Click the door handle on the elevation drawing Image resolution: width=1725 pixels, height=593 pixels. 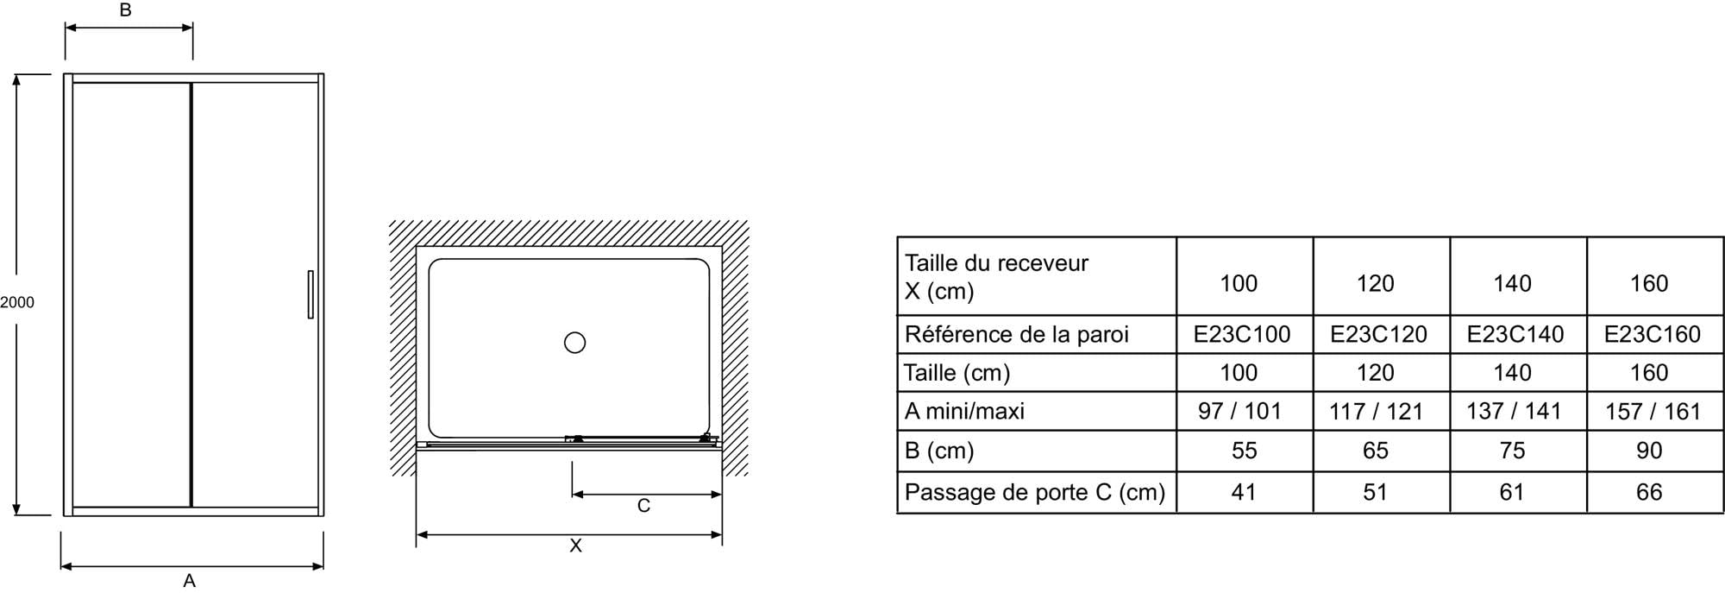310,294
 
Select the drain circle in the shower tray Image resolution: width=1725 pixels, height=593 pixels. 574,343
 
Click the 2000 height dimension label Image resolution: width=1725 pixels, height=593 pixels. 17,302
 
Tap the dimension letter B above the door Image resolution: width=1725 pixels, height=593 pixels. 125,10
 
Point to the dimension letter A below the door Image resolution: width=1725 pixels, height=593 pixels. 190,581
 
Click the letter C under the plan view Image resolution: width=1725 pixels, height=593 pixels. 643,506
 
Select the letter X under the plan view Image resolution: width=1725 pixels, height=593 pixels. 575,546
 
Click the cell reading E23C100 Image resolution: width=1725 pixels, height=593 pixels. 1242,334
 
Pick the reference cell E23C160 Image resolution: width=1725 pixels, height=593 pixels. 1652,334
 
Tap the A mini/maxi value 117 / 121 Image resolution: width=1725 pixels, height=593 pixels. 1376,412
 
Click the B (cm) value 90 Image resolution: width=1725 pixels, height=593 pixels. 1649,451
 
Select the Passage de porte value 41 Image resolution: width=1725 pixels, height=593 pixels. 1243,492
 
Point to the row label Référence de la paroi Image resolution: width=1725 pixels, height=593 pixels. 1016,334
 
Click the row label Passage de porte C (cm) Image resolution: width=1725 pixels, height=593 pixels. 1034,492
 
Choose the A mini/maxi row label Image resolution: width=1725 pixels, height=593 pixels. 964,411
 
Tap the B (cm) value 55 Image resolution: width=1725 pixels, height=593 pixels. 1244,451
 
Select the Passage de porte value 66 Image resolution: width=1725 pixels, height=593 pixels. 1649,492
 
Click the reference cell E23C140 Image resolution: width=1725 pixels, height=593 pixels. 1515,334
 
